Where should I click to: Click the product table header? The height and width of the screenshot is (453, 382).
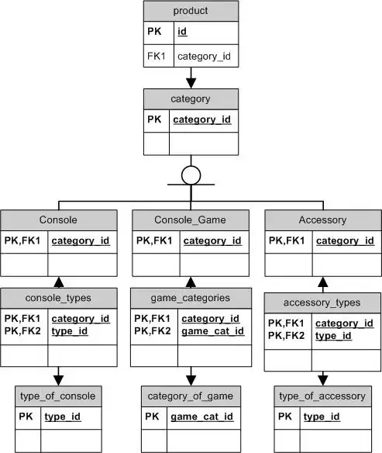click(191, 11)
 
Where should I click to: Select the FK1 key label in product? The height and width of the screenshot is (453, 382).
click(156, 57)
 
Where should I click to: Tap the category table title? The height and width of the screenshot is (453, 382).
click(191, 99)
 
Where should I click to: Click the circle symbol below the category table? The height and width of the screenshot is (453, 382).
click(191, 175)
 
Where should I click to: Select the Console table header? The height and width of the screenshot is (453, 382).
click(58, 220)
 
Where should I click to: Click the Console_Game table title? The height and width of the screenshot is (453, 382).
click(191, 220)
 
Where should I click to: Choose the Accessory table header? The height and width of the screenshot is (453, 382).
click(322, 220)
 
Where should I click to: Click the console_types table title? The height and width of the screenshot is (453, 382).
click(58, 298)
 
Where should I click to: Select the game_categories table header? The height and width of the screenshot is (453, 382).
click(191, 298)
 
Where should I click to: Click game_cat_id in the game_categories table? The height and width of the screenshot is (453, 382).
click(212, 331)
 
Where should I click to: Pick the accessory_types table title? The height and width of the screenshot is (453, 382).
click(322, 303)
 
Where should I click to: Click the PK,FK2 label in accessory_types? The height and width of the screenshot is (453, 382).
click(287, 336)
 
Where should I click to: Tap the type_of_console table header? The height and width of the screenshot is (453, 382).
click(58, 396)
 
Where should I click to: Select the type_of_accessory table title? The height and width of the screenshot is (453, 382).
click(322, 396)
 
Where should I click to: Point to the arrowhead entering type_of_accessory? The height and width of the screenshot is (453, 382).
click(322, 380)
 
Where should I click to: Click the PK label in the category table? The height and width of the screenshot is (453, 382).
click(155, 120)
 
